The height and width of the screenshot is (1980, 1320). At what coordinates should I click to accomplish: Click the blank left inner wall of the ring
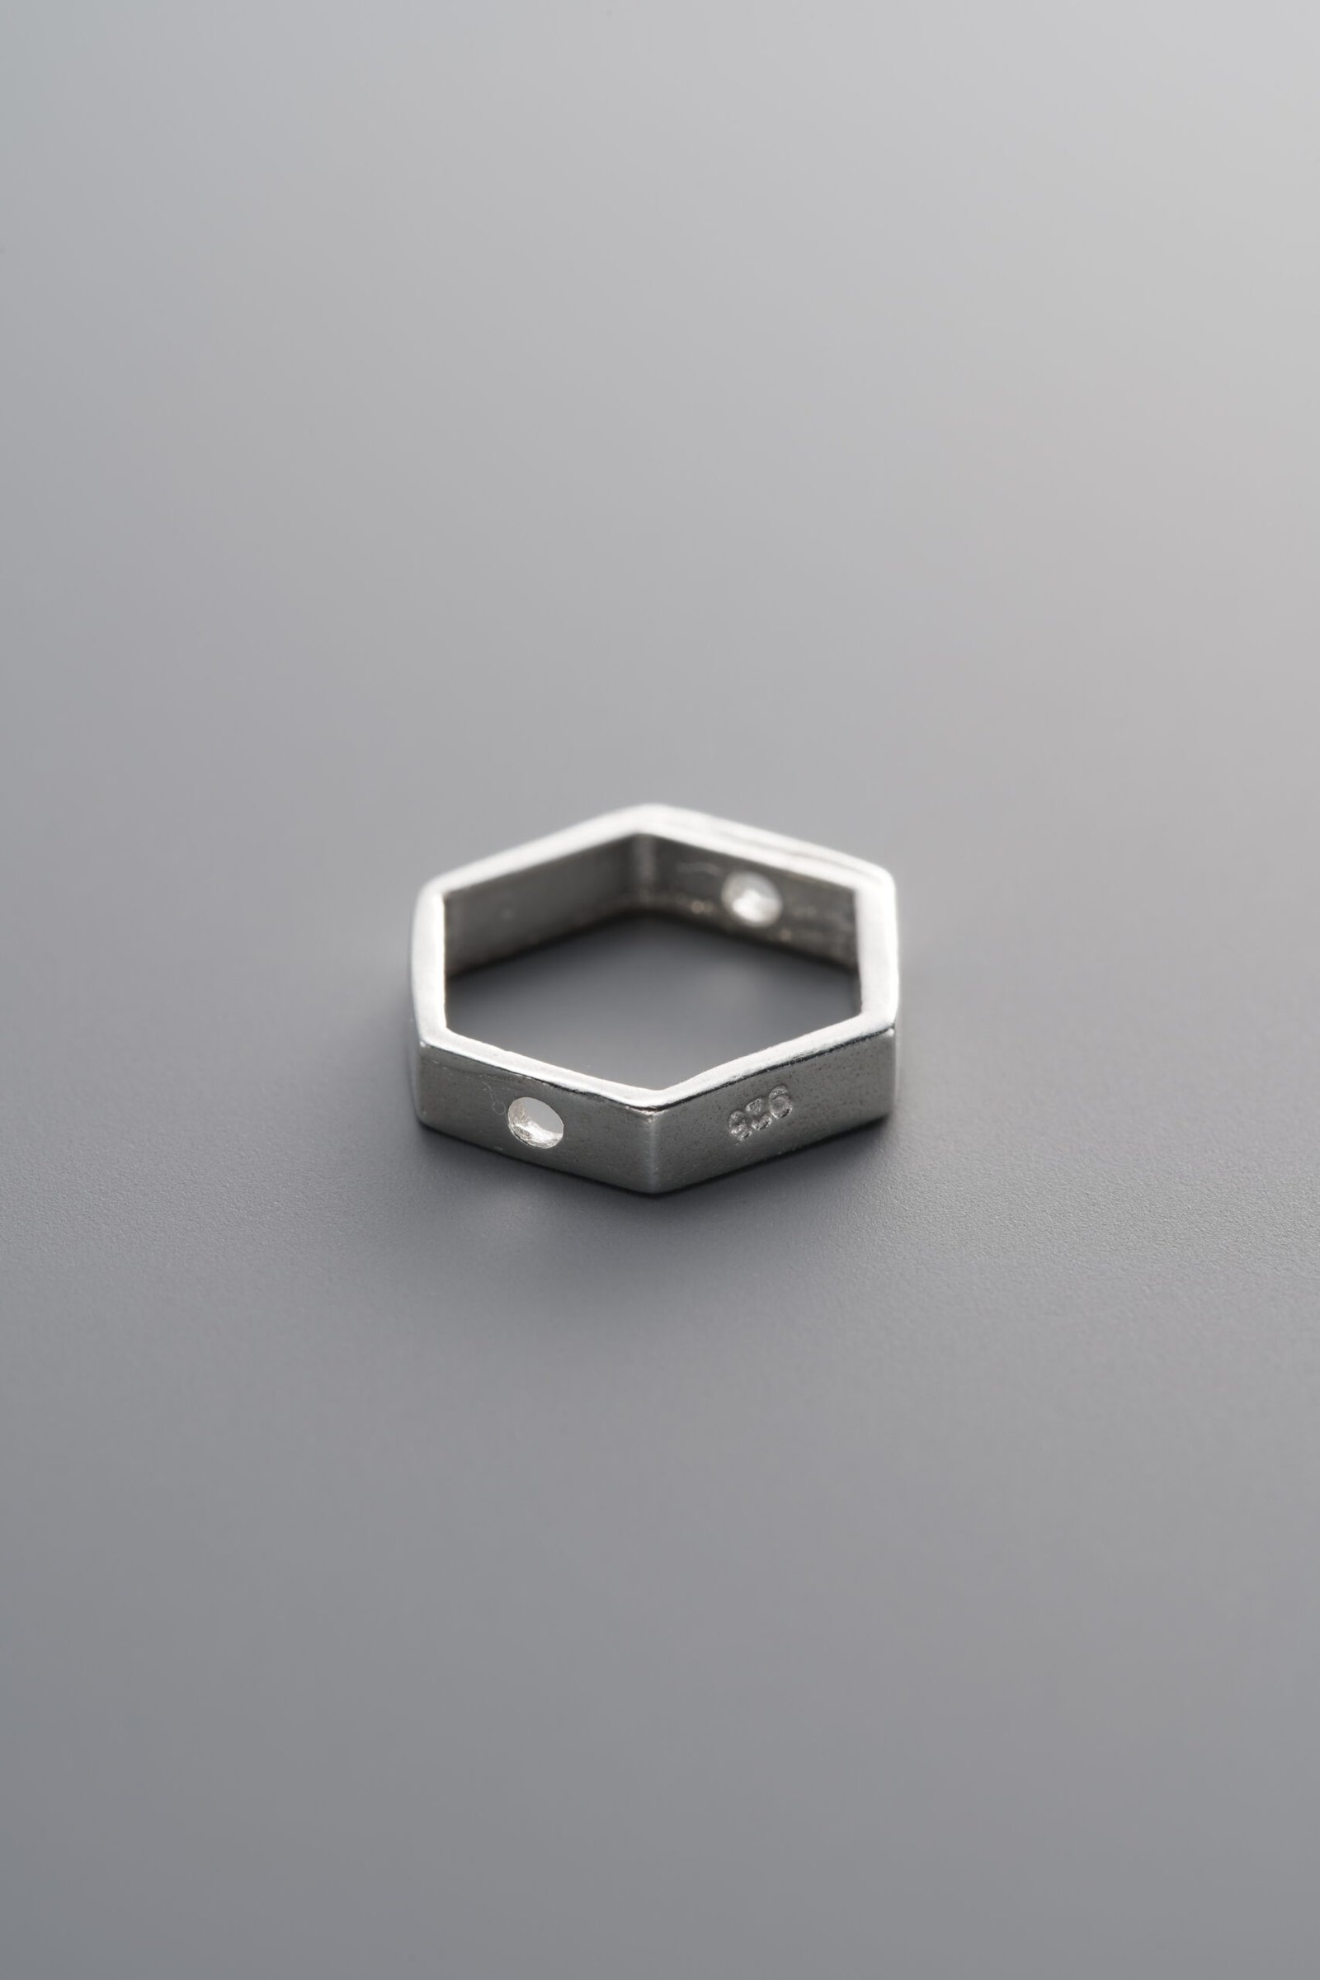coord(539,909)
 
